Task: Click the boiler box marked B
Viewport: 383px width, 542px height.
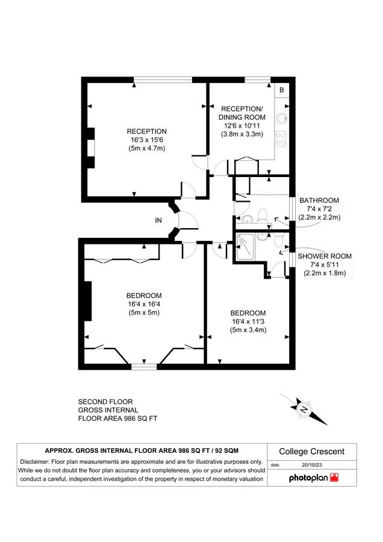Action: click(281, 90)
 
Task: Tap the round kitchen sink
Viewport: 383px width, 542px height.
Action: click(281, 119)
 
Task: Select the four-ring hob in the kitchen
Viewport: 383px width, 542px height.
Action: click(281, 139)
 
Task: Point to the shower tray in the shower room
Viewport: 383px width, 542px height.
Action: click(246, 247)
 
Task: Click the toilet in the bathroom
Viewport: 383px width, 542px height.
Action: click(262, 214)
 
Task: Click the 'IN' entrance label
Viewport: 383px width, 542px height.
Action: click(158, 220)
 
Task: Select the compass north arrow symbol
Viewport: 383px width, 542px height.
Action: click(304, 410)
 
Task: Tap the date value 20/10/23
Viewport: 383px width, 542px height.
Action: click(313, 465)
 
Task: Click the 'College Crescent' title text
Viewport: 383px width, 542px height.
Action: click(311, 452)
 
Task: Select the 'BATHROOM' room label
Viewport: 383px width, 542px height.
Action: click(319, 201)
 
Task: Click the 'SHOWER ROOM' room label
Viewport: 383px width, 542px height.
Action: click(325, 256)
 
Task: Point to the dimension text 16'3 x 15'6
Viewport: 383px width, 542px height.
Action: click(146, 140)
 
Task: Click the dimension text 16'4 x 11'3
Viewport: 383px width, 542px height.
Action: click(248, 322)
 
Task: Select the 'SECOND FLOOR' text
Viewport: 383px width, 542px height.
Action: click(105, 402)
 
